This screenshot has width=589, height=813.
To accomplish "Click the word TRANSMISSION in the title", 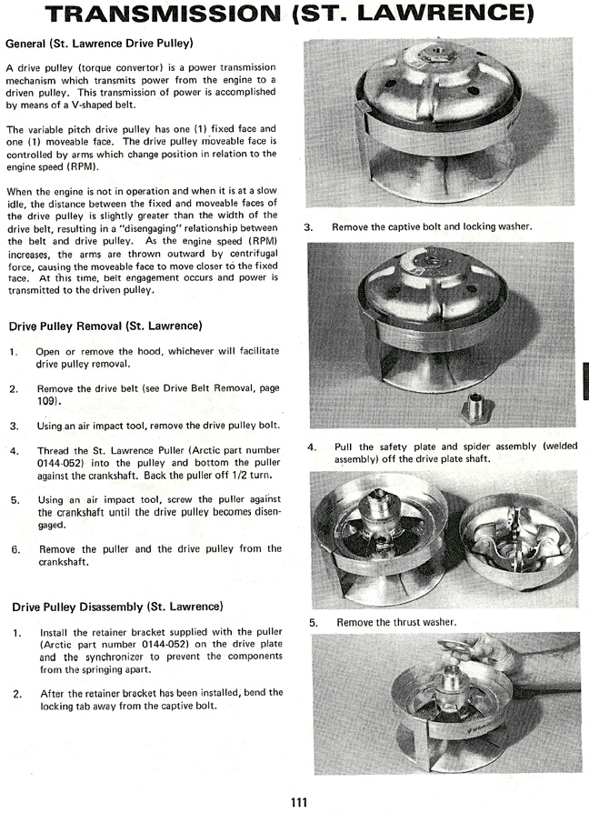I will tap(168, 15).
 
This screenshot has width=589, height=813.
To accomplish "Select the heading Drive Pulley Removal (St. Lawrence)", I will tap(105, 326).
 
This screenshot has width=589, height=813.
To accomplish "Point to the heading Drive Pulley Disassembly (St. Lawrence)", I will tap(116, 607).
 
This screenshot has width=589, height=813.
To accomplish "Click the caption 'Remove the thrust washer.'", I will tap(395, 623).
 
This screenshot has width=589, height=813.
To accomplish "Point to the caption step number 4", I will tap(312, 447).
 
